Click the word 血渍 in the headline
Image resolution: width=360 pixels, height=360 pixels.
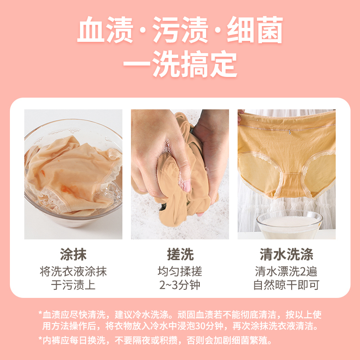tap(105, 30)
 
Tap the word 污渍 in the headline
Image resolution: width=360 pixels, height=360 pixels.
tap(180, 30)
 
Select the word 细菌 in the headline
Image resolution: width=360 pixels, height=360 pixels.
tap(255, 30)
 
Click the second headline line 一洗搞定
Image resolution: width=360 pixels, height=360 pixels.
tap(180, 64)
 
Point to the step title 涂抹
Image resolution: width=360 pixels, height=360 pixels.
tap(73, 254)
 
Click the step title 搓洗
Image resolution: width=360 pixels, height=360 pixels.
tap(180, 254)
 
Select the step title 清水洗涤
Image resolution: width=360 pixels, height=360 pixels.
tap(287, 254)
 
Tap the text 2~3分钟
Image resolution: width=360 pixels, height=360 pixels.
tap(180, 285)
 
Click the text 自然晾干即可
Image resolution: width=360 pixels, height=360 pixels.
tap(286, 285)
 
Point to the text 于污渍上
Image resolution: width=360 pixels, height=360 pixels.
tap(73, 285)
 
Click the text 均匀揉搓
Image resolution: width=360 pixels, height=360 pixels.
tap(180, 271)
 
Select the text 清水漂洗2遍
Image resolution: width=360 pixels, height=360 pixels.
tap(286, 271)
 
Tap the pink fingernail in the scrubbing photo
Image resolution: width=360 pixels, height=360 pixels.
tap(187, 186)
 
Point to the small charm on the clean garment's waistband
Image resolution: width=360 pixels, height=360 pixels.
tap(290, 132)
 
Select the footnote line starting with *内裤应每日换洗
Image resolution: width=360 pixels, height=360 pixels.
tap(155, 340)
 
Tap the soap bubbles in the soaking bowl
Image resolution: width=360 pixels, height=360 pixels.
tap(112, 191)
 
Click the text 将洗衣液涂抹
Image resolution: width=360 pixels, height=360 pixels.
tap(73, 271)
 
